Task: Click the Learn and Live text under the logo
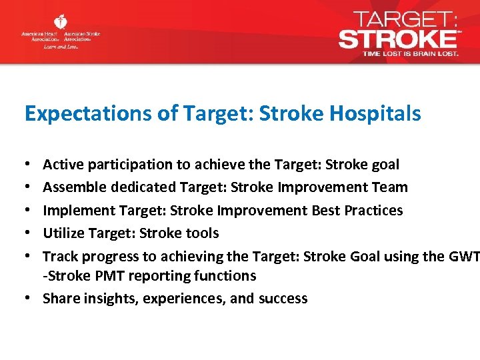pos(61,47)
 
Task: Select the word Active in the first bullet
pos(61,165)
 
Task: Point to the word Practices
pos(373,211)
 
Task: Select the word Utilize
pos(63,233)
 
